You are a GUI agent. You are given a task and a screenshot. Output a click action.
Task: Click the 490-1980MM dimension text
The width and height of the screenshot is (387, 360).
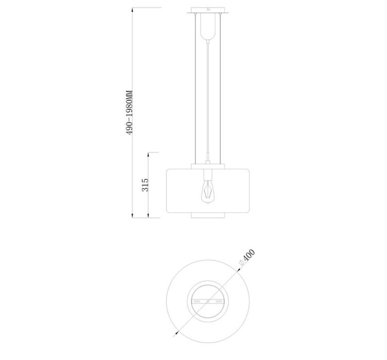(x=129, y=113)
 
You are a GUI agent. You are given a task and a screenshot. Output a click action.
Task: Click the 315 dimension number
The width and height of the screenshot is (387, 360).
(x=145, y=185)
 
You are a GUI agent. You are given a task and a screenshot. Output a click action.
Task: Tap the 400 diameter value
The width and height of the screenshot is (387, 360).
(x=249, y=256)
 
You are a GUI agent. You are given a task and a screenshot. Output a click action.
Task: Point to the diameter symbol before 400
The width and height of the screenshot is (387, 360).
(x=241, y=263)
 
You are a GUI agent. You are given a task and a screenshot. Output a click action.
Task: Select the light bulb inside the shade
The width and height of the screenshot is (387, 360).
(x=208, y=192)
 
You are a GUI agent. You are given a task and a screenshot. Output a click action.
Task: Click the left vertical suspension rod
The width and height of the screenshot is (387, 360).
(x=196, y=89)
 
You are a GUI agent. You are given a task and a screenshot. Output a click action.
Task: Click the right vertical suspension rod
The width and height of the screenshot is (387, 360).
(x=220, y=89)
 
